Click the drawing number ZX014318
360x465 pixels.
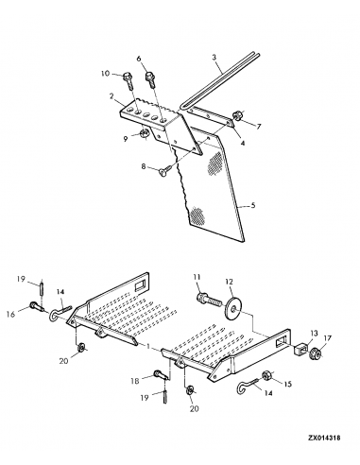pos(324,438)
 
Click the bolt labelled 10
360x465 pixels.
pos(129,80)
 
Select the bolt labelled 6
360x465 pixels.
pos(150,80)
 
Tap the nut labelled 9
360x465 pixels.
pos(144,134)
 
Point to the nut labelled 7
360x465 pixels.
pos(237,115)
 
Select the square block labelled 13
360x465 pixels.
pos(300,349)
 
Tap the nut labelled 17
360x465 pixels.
pos(316,353)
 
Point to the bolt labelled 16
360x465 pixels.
pos(37,306)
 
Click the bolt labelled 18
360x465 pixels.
pos(162,375)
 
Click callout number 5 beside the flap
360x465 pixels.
pos(253,206)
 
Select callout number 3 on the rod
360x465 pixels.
pos(214,58)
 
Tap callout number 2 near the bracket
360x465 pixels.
pos(111,96)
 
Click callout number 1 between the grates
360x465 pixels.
pos(147,346)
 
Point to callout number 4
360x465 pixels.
pos(243,143)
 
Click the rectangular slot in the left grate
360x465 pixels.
pos(139,285)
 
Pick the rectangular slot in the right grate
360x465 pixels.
pos(281,342)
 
